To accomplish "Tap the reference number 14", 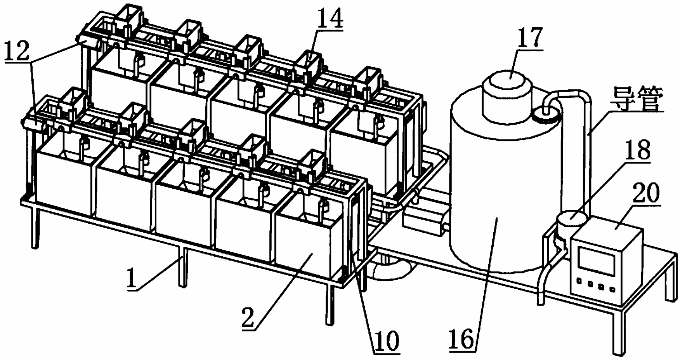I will [x=330, y=19].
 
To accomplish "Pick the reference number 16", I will [x=462, y=339].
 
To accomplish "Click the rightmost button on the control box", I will [x=612, y=289].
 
